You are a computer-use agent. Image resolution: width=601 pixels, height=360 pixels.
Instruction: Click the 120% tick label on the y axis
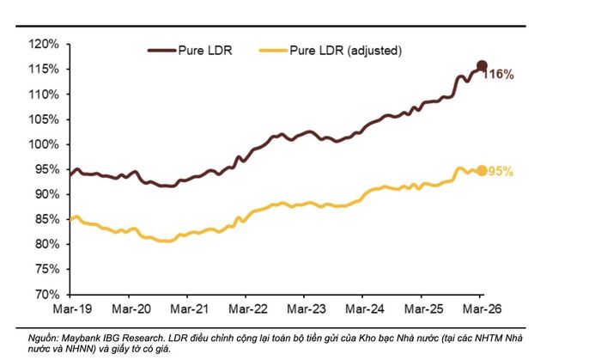[x=44, y=45]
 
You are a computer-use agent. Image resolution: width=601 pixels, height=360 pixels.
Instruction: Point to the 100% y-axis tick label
[x=44, y=144]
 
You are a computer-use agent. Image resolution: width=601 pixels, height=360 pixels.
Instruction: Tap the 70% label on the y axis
[x=47, y=295]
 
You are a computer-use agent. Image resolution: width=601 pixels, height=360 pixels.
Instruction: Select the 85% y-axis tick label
[x=47, y=219]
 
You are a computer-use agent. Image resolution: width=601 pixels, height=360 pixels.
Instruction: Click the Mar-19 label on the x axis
[x=72, y=309]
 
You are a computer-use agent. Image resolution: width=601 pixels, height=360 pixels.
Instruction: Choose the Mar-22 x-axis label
[x=248, y=309]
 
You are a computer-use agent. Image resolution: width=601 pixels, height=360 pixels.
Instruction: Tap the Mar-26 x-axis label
[x=482, y=309]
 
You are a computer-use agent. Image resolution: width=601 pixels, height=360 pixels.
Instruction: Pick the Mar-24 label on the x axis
[x=365, y=309]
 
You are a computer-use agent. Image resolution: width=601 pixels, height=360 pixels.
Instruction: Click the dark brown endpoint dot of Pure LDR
[x=482, y=65]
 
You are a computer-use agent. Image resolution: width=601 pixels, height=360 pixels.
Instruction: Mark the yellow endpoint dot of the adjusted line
[x=483, y=171]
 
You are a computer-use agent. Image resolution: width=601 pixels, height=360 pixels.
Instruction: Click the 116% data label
[x=498, y=75]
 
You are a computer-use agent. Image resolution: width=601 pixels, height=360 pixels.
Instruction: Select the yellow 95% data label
[x=501, y=172]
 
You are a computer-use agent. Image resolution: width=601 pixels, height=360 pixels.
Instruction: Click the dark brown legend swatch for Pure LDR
[x=161, y=51]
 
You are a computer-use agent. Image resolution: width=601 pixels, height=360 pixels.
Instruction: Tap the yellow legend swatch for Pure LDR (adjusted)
[x=273, y=51]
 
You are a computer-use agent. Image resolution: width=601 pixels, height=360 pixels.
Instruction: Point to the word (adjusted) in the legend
[x=374, y=51]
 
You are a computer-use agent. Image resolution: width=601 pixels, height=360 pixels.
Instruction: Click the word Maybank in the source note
[x=81, y=339]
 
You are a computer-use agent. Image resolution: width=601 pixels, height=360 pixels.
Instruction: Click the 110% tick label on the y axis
[x=44, y=95]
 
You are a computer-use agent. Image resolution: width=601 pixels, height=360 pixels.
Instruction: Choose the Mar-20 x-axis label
[x=131, y=309]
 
